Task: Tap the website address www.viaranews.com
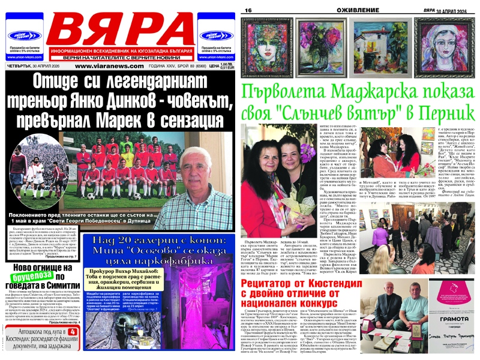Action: (x=105, y=67)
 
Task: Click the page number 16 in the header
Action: (x=247, y=11)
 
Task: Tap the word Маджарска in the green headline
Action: (x=360, y=92)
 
